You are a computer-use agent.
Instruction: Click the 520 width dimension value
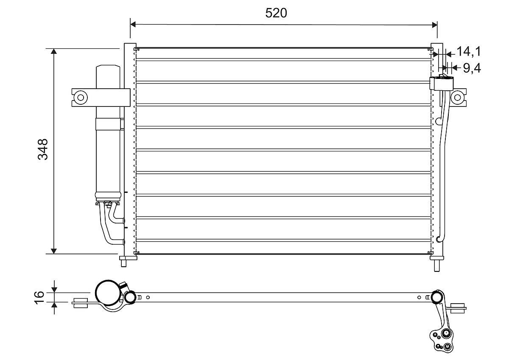(276, 13)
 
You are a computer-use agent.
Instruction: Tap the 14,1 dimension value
(468, 52)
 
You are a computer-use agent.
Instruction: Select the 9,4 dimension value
(471, 68)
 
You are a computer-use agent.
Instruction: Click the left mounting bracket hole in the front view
(80, 97)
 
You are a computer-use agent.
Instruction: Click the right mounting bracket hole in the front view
(457, 97)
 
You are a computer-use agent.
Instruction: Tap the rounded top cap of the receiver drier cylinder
(109, 68)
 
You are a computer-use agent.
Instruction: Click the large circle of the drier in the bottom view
(108, 293)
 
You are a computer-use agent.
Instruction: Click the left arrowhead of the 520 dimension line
(133, 24)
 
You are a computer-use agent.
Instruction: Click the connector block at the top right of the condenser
(440, 83)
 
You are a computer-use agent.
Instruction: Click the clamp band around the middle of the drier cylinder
(108, 124)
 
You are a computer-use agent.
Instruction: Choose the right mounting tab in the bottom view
(459, 308)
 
